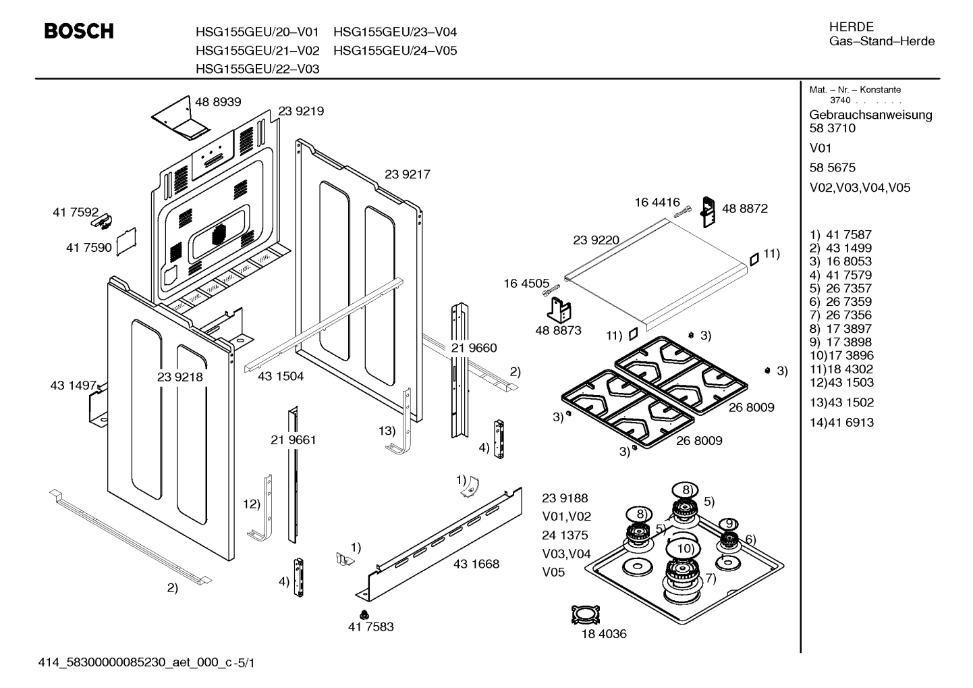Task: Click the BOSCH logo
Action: click(79, 31)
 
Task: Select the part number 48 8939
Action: click(218, 102)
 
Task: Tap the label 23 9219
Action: click(300, 111)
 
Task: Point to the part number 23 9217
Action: click(407, 174)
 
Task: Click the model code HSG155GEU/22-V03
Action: click(257, 69)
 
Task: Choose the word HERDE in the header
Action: click(851, 27)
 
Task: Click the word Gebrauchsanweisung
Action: click(870, 115)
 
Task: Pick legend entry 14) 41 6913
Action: click(841, 423)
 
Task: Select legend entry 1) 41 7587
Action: click(841, 235)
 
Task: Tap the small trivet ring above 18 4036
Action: click(585, 615)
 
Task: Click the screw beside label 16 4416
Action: click(682, 212)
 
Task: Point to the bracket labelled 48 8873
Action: click(559, 310)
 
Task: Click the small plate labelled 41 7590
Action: click(126, 242)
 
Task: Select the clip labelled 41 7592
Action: click(103, 221)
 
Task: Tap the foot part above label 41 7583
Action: click(364, 614)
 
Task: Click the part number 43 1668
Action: click(476, 564)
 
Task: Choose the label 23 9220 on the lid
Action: click(596, 240)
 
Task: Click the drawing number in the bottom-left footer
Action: click(146, 663)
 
